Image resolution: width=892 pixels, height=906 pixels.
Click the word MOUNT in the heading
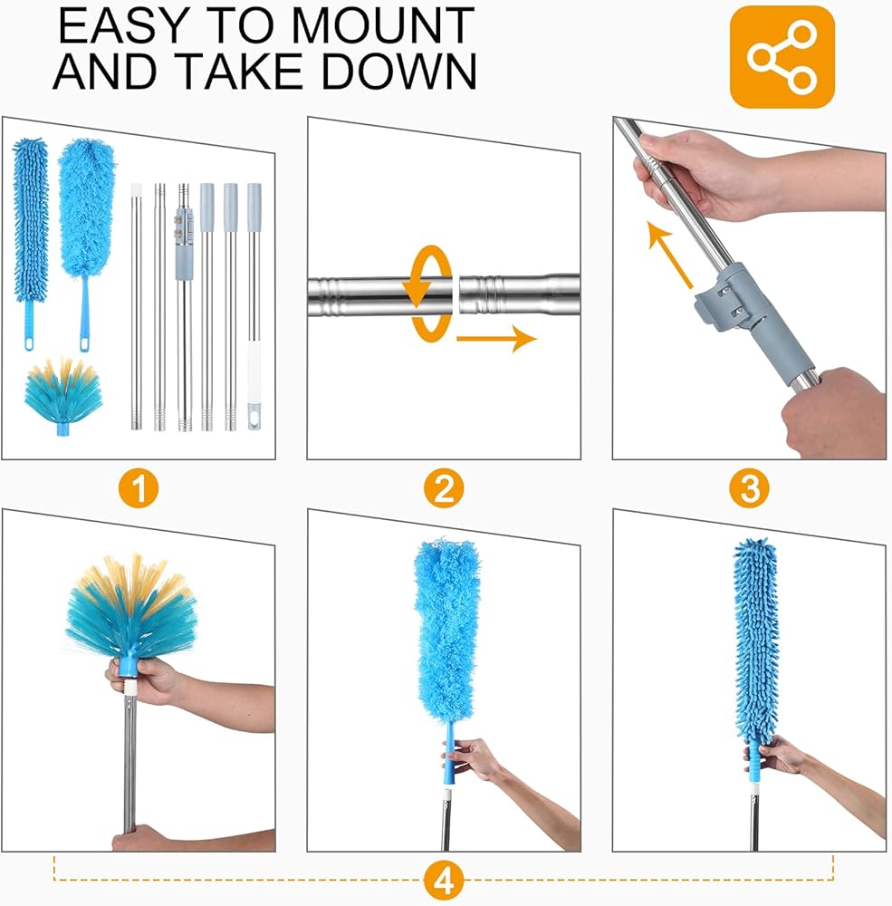click(x=382, y=26)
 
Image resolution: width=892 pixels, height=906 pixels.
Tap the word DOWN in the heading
click(x=399, y=72)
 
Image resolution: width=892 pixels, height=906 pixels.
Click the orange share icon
click(x=782, y=56)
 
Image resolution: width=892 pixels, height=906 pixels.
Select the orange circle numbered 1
click(x=139, y=488)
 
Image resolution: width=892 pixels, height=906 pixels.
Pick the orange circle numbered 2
click(x=444, y=488)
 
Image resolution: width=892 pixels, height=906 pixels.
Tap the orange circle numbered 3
click(x=749, y=488)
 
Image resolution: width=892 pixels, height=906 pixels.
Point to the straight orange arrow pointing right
click(x=497, y=339)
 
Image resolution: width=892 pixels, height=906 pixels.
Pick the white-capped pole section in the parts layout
click(x=137, y=306)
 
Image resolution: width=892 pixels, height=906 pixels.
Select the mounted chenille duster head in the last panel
click(x=756, y=641)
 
